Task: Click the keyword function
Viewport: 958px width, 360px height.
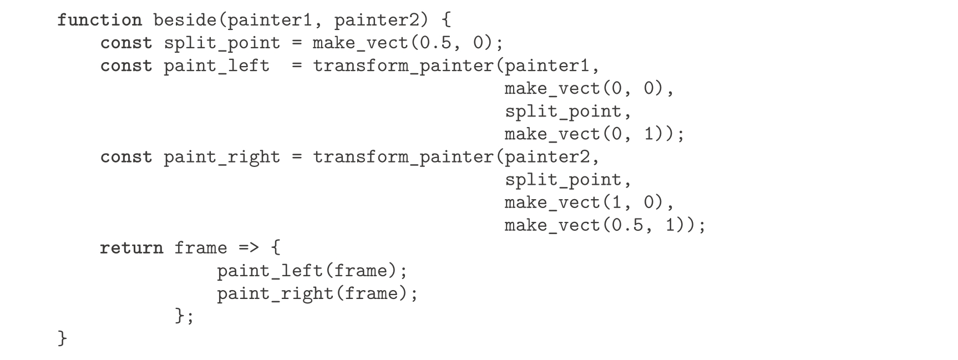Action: coord(99,21)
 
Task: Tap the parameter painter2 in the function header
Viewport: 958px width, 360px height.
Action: coord(381,21)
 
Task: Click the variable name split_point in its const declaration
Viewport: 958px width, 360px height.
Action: coord(222,43)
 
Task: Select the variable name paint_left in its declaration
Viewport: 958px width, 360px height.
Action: coord(216,66)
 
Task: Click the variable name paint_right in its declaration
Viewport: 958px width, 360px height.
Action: coord(222,157)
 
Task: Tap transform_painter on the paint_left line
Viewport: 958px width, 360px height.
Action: coord(403,66)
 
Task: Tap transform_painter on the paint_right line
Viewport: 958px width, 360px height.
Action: coord(403,157)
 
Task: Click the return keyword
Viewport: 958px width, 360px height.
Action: coord(131,248)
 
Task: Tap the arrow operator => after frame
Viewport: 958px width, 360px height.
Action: coord(249,248)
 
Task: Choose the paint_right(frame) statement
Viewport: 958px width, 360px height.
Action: coord(317,294)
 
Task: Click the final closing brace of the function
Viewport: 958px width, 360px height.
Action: coord(62,338)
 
